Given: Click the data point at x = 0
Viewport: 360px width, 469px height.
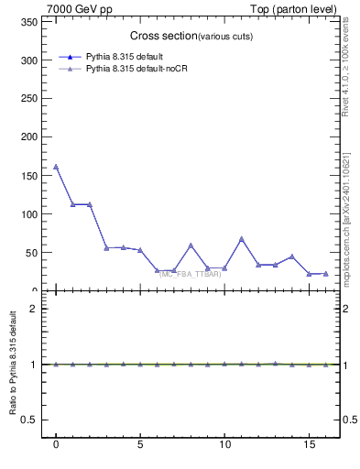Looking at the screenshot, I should [x=56, y=167].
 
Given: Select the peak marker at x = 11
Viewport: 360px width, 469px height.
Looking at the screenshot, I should [x=242, y=239].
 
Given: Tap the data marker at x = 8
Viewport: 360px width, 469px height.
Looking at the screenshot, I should [x=191, y=245].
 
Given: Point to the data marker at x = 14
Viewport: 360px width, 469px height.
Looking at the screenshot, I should [x=292, y=256].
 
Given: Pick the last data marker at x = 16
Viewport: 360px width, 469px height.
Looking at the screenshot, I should [x=325, y=273].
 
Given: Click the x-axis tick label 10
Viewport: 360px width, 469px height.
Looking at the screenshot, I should [x=224, y=448].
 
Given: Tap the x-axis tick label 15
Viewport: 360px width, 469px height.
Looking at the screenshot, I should [x=309, y=448].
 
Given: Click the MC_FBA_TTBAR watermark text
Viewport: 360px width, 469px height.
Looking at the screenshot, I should [x=190, y=274].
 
